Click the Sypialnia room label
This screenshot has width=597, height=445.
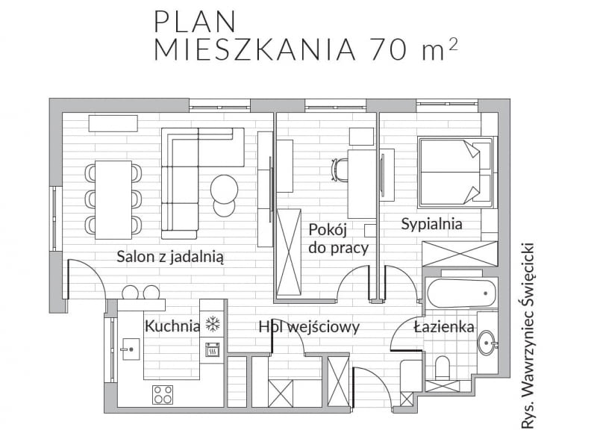click(432, 224)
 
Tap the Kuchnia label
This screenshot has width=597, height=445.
click(172, 326)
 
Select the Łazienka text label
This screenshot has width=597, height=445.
click(444, 326)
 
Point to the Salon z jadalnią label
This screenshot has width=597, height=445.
click(170, 257)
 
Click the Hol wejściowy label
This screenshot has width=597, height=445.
click(309, 327)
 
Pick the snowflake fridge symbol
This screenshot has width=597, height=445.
click(213, 324)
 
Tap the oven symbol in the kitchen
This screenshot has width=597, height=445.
click(213, 349)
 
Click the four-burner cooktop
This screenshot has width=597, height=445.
click(163, 395)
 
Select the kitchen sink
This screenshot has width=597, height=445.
click(130, 349)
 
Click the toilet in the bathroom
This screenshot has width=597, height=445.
click(442, 367)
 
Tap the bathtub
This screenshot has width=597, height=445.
click(462, 293)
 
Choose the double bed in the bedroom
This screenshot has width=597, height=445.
click(455, 172)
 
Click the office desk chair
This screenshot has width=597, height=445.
click(340, 170)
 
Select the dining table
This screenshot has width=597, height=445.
click(113, 200)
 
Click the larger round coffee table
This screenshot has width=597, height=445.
click(225, 189)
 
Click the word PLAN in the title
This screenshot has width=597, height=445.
click(195, 22)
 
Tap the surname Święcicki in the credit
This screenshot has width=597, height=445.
click(528, 286)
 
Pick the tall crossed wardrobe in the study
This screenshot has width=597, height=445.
click(289, 252)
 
